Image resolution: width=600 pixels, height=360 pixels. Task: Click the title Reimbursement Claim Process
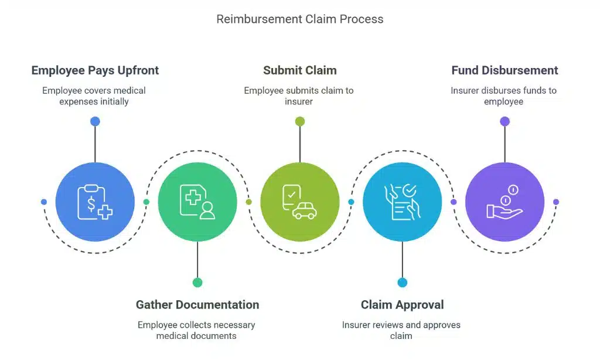point(299,19)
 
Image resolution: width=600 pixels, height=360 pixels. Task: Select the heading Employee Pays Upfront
point(95,70)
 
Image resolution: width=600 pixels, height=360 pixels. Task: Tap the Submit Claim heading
point(299,70)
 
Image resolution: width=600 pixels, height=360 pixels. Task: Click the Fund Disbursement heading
point(504,70)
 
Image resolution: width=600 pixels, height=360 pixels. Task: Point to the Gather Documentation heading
point(197,305)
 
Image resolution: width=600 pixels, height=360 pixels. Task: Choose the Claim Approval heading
point(402,305)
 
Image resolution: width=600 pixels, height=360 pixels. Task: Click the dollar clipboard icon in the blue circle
point(95,202)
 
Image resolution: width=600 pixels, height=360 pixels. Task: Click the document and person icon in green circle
point(197,202)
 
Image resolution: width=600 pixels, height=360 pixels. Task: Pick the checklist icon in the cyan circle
point(402,202)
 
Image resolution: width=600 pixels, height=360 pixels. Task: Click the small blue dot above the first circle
point(95,121)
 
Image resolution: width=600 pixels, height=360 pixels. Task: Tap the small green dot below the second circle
point(197,283)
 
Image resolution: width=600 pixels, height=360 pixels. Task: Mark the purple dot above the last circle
point(504,121)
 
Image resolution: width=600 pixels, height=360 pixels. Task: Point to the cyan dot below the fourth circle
point(402,283)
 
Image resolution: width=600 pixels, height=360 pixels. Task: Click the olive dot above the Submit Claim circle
point(299,121)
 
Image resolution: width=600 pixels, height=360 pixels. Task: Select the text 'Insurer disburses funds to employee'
point(504,96)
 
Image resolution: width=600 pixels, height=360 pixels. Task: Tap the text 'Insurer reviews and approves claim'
point(401,330)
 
